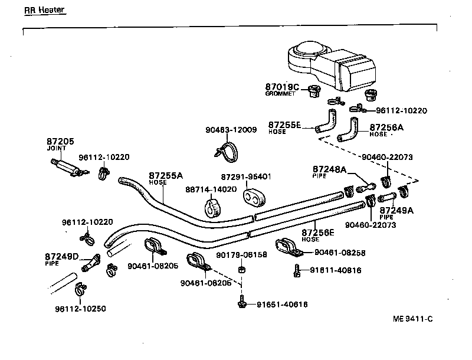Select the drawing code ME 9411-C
tap(412, 319)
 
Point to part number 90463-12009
tap(231, 130)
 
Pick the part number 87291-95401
tap(246, 176)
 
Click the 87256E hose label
tap(319, 233)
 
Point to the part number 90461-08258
tap(339, 252)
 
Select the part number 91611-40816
tap(336, 270)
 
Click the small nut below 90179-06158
tap(241, 270)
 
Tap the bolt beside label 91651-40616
tap(242, 303)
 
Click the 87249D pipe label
tap(61, 256)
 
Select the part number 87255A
tap(166, 175)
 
